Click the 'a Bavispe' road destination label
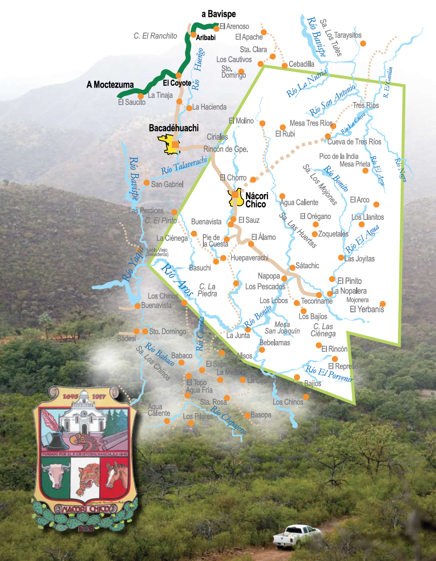(218, 14)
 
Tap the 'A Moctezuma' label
(110, 85)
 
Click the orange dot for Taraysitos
(363, 43)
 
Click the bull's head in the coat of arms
(56, 473)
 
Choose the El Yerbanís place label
(367, 309)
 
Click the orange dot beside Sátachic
(292, 268)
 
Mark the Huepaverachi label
(249, 258)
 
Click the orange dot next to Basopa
(247, 415)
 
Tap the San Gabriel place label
(167, 184)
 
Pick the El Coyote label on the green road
(177, 83)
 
